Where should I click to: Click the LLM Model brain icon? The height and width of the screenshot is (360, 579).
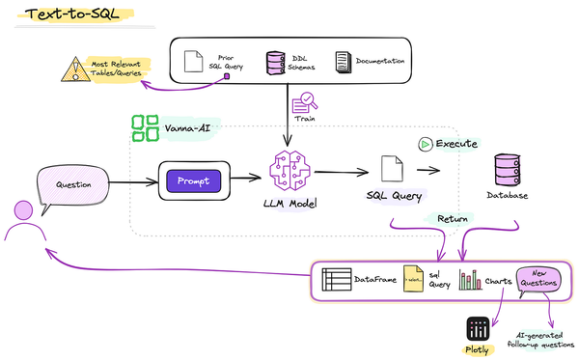[x=295, y=169]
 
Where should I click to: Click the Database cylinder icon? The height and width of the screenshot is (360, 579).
[x=508, y=169]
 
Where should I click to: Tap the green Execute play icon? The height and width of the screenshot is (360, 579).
[x=424, y=144]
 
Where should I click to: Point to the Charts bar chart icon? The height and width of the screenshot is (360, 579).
[x=470, y=281]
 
